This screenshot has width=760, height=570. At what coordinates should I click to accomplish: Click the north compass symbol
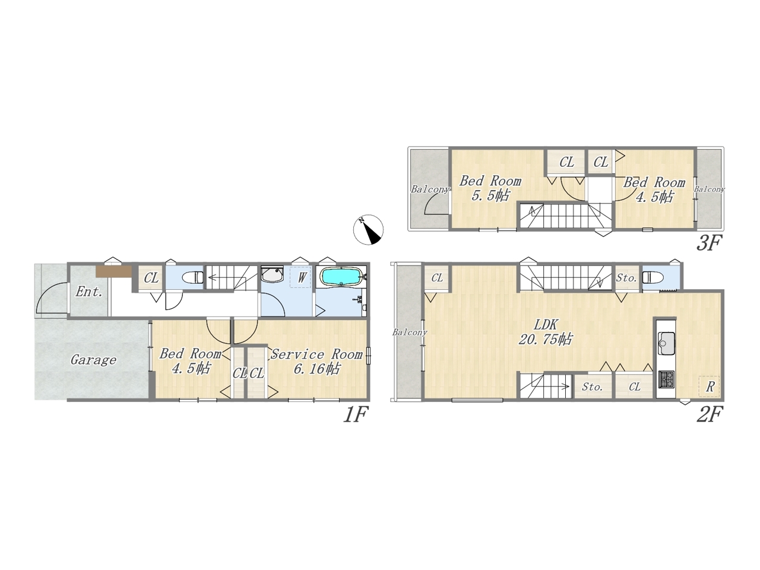pos(368,230)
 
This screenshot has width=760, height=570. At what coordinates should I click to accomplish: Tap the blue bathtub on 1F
pos(341,277)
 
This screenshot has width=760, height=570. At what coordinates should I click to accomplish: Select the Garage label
pos(93,360)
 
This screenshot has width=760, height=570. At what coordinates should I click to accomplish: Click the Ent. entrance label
pos(89,292)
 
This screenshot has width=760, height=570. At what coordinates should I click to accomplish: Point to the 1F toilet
pos(192,277)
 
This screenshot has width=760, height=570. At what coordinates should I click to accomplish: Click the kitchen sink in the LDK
pos(666,343)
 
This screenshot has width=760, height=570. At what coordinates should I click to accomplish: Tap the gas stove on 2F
pos(666,379)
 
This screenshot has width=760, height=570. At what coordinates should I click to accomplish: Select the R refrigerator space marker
pos(710,387)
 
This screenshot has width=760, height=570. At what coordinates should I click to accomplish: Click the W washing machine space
pos(300,277)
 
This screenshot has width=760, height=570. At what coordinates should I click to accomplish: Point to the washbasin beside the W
pos(273,275)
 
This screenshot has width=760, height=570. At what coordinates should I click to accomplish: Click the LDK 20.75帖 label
pos(545,332)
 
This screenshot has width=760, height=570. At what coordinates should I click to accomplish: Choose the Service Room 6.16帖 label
pos(316,361)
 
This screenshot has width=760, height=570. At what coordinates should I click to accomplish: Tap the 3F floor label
pos(709,243)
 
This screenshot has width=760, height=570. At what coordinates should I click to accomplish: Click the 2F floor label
pos(710,414)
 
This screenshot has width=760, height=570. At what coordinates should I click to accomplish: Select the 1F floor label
pos(355,414)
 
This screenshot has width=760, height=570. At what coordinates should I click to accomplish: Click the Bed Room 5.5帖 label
pos(490,188)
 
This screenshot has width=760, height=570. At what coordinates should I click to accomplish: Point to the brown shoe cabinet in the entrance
pos(114,271)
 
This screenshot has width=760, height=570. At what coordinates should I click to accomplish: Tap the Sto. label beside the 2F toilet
pos(626,278)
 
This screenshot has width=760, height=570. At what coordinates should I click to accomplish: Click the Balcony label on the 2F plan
pos(410,332)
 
